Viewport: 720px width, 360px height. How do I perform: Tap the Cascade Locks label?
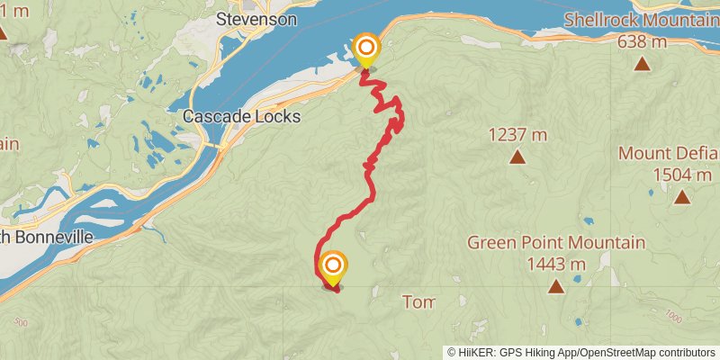[240, 117]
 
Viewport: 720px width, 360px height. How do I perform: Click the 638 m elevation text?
[642, 40]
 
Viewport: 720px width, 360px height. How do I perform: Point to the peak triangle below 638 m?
[642, 63]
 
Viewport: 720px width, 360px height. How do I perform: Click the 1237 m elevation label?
[517, 135]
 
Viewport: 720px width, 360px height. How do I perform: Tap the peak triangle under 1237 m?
[517, 157]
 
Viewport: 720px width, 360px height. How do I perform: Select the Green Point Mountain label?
[556, 243]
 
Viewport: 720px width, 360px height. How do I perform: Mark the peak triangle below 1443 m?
[556, 287]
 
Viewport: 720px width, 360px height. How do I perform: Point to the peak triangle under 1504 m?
[681, 197]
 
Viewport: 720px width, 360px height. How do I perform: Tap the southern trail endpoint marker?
[332, 267]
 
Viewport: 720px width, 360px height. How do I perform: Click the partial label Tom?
[418, 301]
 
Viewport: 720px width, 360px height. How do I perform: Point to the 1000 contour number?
[670, 316]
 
